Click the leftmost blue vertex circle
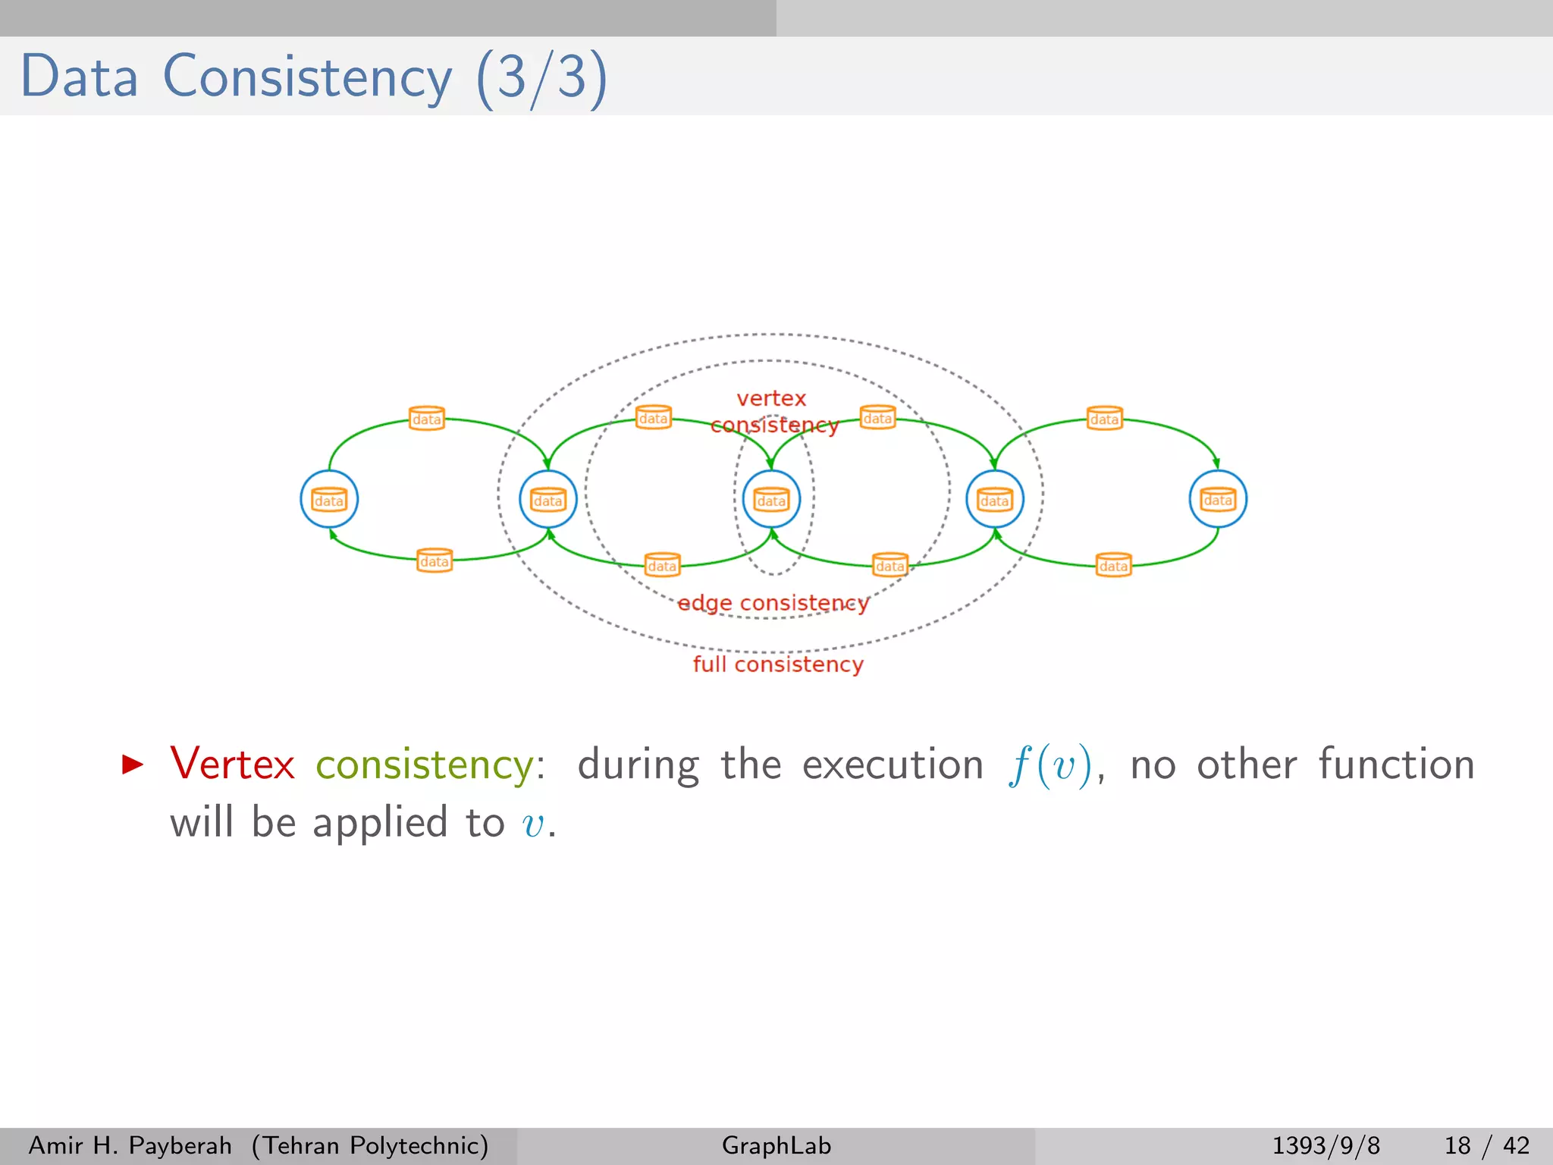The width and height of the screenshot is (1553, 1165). pos(329,499)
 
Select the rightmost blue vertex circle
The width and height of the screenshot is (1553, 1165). pos(1218,499)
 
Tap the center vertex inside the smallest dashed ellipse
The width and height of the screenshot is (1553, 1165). pos(771,499)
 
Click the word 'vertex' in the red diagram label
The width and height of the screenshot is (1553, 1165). pos(771,398)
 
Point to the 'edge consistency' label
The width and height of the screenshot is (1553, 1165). pos(772,603)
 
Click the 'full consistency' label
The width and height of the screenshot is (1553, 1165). pos(778,664)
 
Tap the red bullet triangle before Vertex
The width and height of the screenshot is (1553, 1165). pos(132,764)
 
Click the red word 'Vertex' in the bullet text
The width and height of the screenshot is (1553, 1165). pos(232,764)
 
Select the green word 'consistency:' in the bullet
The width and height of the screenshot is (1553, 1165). pos(429,765)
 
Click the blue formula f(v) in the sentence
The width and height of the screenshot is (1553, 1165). pos(1050,765)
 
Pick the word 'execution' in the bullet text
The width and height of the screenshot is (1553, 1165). pos(893,764)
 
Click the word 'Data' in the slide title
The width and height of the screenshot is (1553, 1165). pos(80,77)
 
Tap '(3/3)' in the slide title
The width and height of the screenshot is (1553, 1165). pos(541,77)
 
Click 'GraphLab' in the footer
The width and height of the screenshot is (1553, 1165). pos(776,1145)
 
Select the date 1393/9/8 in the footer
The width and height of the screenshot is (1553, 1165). pos(1326,1145)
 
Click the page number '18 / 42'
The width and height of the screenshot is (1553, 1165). pos(1486,1145)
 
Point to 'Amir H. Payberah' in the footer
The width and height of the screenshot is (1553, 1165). pos(130,1145)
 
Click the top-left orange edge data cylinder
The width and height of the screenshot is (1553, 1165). pos(427,418)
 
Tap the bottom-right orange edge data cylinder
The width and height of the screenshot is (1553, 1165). pos(1114,565)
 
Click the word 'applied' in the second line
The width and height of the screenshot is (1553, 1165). pos(380,824)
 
